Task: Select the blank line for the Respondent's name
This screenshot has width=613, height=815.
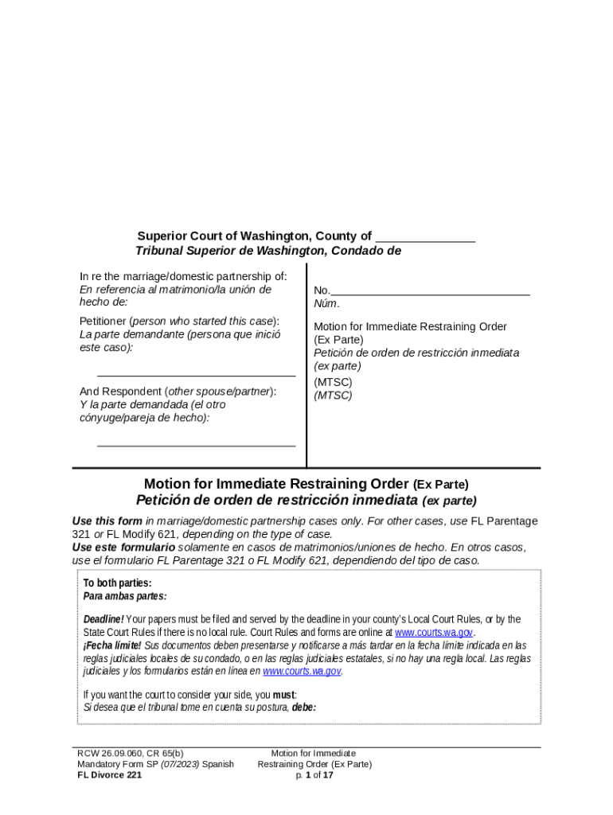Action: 196,443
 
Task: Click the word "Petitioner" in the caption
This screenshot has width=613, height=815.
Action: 106,321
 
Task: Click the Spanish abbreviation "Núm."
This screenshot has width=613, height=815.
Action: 326,303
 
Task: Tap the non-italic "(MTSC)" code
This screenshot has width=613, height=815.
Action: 333,382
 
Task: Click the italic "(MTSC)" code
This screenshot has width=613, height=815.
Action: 333,395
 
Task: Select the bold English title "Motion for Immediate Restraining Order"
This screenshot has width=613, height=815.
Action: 276,483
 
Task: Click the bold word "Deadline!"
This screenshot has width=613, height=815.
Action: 103,619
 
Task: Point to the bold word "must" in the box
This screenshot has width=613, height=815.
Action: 285,694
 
